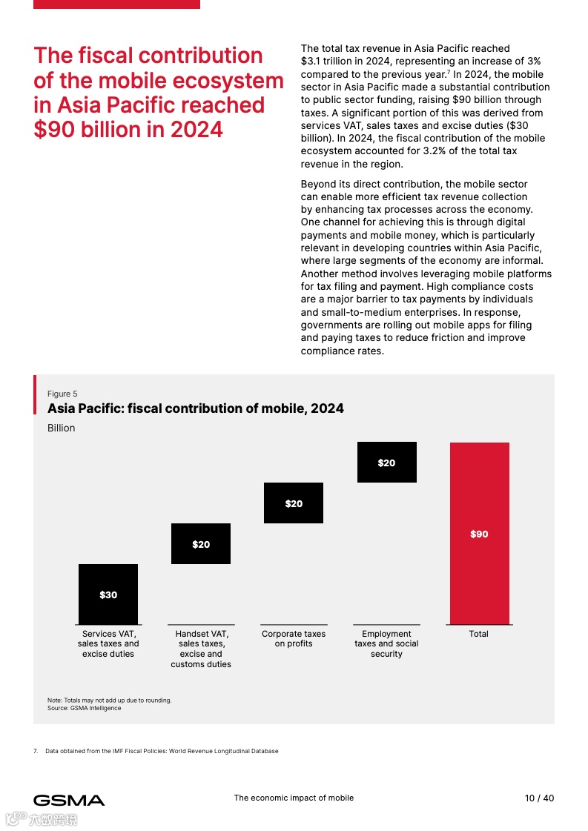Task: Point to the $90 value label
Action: pos(479,534)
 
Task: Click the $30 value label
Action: pos(108,595)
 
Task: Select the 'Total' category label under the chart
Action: pos(479,634)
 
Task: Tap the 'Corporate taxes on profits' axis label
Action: pos(294,639)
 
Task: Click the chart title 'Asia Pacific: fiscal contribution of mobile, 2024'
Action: pos(196,408)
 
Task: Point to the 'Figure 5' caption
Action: pos(62,394)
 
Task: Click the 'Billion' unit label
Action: pos(62,428)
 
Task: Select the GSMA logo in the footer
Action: pos(69,800)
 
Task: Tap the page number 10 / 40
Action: pos(539,798)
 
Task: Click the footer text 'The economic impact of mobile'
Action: pos(294,798)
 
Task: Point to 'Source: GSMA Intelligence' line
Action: pos(84,708)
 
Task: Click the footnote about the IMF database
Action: pos(162,751)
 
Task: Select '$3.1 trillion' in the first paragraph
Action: pos(329,62)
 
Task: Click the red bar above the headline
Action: pos(116,4)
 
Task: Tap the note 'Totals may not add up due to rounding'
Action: pos(109,700)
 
